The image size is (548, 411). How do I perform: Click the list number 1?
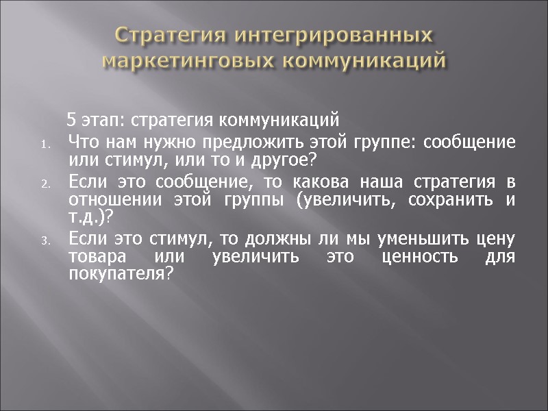45,144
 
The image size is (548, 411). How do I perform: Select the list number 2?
45,184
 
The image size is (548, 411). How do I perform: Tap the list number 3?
45,240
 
